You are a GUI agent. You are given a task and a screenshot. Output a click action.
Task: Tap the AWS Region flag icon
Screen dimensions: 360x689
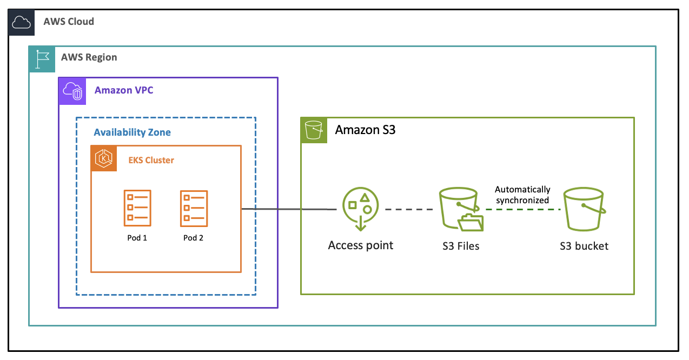pos(42,59)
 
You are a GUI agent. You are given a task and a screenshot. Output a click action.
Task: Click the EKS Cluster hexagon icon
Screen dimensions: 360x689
pos(103,158)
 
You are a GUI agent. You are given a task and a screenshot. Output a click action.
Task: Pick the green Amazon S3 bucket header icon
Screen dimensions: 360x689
pos(314,130)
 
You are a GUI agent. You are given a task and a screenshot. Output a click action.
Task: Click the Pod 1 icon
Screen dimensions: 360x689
pos(137,208)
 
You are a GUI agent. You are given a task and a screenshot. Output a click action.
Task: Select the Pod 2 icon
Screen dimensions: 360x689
pos(194,208)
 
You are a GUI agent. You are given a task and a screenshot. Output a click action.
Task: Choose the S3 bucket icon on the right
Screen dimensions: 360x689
pos(584,210)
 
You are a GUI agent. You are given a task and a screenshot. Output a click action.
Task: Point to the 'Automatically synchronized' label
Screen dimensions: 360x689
pos(522,195)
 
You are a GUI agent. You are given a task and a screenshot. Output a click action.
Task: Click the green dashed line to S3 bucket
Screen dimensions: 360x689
pos(522,209)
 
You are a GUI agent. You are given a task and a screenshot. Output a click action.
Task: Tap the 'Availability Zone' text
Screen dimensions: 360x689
pos(132,132)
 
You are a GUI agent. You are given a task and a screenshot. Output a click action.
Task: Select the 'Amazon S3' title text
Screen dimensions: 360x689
pos(365,130)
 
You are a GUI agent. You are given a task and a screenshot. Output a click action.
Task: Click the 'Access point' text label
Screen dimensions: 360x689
pos(361,245)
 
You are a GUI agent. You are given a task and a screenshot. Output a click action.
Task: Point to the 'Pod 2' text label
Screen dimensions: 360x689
pos(193,238)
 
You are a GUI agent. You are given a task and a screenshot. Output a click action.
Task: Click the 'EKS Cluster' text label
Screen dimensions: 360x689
pos(151,160)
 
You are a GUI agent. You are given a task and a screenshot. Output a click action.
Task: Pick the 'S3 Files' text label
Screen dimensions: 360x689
pos(461,246)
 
